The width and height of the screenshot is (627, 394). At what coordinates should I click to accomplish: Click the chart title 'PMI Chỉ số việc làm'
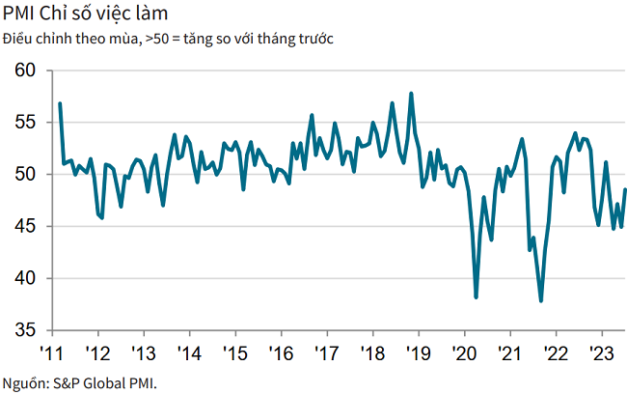(84, 14)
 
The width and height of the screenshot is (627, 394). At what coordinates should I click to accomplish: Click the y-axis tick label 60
(25, 70)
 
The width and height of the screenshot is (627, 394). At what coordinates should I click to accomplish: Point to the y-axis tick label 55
(25, 123)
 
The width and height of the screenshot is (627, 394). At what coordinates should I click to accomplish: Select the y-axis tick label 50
(25, 175)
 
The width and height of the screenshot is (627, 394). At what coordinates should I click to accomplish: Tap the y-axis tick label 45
(25, 227)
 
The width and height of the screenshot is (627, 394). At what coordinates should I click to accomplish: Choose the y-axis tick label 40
(25, 279)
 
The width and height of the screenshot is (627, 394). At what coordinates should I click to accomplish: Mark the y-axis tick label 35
(25, 330)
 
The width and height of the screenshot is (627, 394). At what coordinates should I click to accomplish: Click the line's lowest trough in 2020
(477, 297)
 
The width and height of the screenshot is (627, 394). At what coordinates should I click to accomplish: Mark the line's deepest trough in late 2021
(541, 301)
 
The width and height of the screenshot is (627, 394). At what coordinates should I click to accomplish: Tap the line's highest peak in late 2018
(412, 94)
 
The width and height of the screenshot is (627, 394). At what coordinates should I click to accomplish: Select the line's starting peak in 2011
(60, 103)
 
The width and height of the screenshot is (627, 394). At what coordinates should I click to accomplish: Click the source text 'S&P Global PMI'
(104, 381)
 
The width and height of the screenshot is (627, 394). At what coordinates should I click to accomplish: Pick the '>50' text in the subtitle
(154, 39)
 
